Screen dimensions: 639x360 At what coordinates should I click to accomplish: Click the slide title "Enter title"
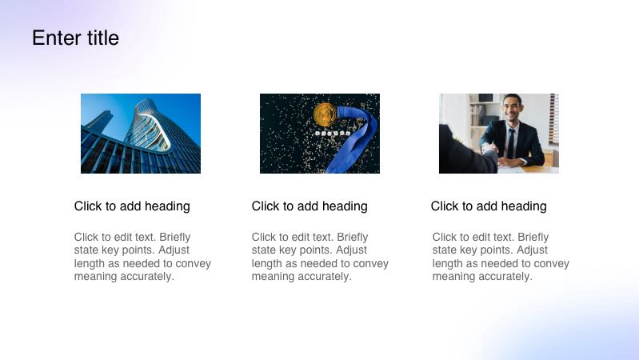[75, 38]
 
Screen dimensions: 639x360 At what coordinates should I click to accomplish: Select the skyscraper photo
[141, 134]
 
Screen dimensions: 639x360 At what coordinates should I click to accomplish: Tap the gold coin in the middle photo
[325, 114]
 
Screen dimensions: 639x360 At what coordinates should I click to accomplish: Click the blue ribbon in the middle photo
[353, 138]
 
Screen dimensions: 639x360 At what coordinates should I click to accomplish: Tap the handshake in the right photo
[489, 150]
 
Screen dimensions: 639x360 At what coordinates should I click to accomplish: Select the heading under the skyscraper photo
[132, 206]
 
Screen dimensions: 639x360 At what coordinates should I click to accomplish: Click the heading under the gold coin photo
[310, 206]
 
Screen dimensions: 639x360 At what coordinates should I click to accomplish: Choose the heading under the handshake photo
[489, 206]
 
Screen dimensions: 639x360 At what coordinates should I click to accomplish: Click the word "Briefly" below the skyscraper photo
[175, 238]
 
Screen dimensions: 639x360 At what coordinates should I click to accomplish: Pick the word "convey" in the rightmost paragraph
[551, 264]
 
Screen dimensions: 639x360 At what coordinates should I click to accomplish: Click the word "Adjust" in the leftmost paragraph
[174, 250]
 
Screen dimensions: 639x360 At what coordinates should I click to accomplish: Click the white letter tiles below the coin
[333, 133]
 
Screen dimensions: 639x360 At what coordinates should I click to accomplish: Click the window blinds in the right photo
[554, 119]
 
